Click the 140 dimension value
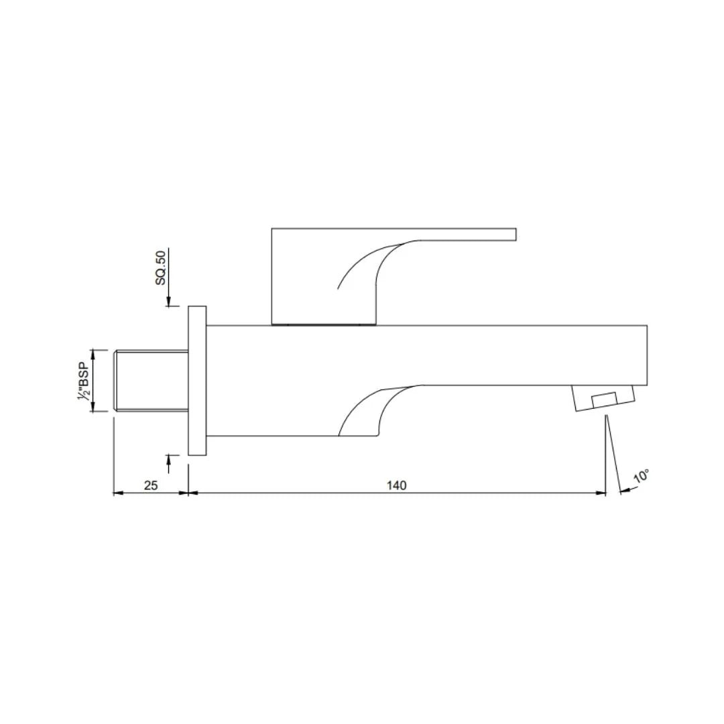click(397, 485)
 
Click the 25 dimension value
click(151, 485)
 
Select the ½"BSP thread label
click(84, 381)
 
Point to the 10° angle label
click(642, 477)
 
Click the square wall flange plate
click(197, 381)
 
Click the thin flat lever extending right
click(469, 234)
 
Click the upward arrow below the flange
click(168, 459)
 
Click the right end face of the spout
click(646, 355)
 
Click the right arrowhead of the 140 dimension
click(601, 493)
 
